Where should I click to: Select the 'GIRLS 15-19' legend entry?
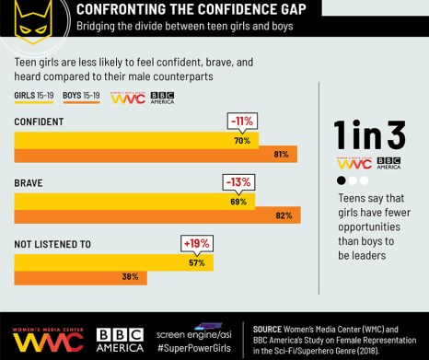point(35,95)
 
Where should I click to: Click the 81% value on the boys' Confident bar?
point(282,155)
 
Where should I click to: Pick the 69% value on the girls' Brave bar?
point(238,201)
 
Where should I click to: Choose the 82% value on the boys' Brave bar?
point(284,215)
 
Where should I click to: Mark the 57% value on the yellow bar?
point(196,262)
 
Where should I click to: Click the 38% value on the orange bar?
point(130,276)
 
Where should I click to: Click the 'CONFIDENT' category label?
point(38,122)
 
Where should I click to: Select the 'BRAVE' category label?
point(28,182)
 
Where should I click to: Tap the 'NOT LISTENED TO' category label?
point(52,244)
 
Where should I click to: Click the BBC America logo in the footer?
point(120,338)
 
